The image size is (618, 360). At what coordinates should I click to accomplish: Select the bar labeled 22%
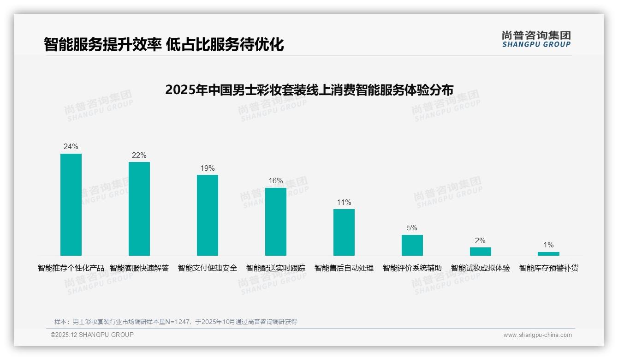point(139,209)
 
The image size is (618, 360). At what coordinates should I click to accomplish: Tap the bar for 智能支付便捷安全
point(208,215)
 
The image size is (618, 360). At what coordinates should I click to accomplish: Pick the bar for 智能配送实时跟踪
point(276,222)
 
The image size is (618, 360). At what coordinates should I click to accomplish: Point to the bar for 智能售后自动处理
point(344,232)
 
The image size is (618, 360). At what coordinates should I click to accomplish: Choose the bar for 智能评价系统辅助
point(412,245)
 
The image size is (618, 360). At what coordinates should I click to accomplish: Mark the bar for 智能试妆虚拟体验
point(481,252)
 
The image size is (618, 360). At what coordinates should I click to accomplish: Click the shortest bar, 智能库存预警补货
point(548,254)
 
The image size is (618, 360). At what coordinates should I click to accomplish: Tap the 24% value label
point(71,147)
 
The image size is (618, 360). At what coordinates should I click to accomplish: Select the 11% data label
point(344,202)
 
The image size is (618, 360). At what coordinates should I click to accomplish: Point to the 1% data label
point(548,245)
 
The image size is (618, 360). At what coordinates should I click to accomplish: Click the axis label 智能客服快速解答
point(139,268)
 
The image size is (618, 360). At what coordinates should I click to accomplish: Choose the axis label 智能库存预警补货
point(549,268)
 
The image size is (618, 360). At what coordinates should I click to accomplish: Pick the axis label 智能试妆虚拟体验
point(481,268)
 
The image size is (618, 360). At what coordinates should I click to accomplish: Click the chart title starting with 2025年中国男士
point(309,90)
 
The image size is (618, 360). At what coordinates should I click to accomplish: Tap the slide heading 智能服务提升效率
point(163,44)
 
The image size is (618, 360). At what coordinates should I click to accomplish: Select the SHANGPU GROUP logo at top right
point(536,39)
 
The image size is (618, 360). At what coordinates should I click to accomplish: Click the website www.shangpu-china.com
point(537,335)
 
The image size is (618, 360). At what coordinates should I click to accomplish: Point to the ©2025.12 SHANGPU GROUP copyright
point(92,335)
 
